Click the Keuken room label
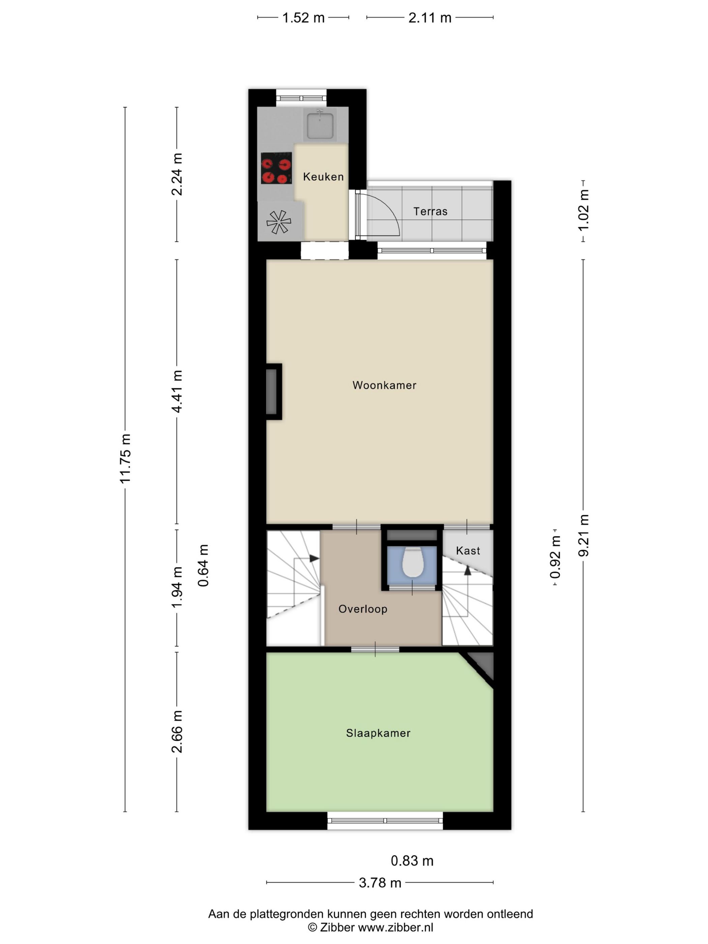(323, 177)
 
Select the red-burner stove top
(276, 168)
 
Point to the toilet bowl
(413, 562)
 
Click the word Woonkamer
(384, 385)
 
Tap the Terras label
(430, 211)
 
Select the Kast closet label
(468, 551)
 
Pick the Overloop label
(363, 609)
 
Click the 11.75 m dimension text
(125, 459)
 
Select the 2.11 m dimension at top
(430, 18)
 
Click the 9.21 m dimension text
(583, 536)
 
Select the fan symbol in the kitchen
(279, 222)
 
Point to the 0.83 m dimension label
(412, 861)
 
